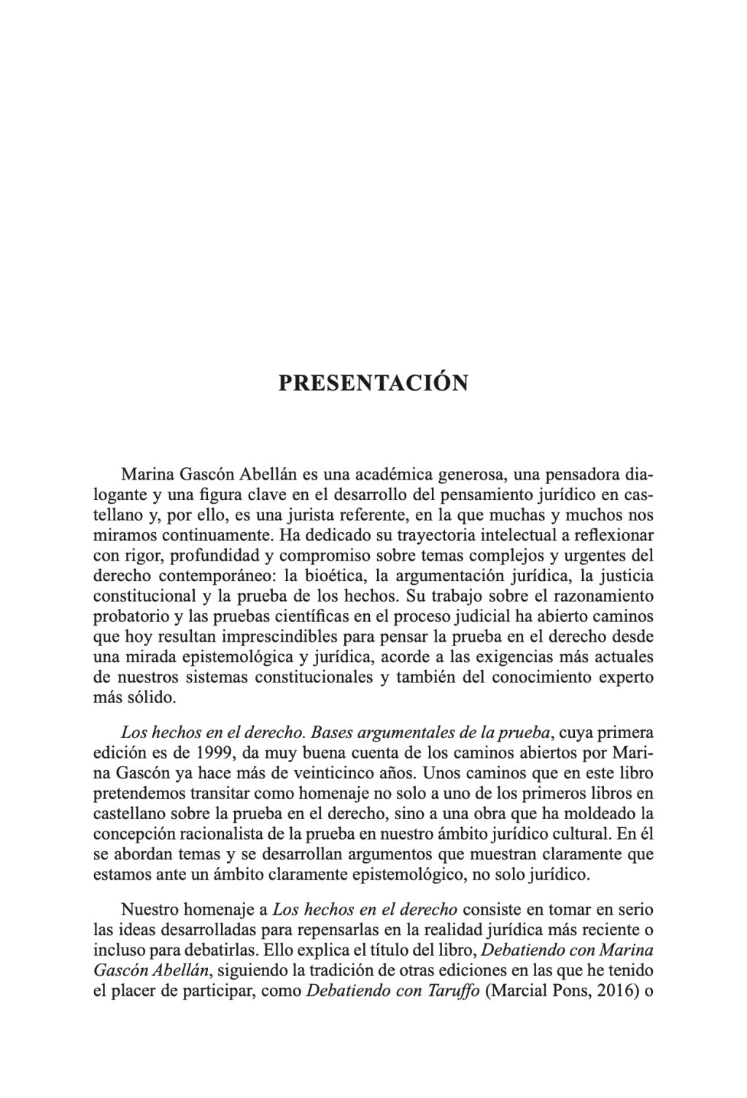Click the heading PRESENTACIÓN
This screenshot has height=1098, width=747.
click(x=373, y=383)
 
